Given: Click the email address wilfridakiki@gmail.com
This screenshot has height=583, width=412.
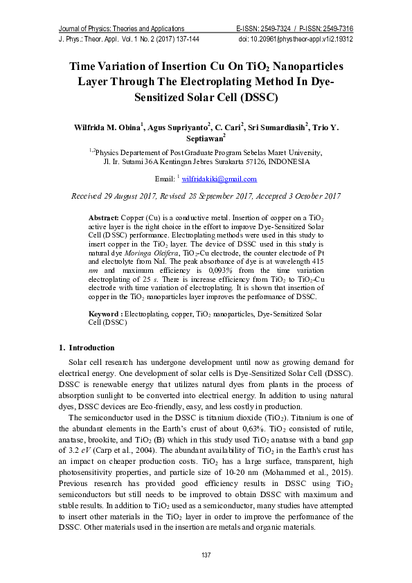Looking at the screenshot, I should pos(219,179).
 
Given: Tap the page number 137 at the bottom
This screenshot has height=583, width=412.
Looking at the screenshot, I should pos(206,556).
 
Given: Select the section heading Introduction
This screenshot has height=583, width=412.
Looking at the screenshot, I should pos(91,347).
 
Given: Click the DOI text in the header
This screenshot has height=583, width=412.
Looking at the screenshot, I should pos(296,39).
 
